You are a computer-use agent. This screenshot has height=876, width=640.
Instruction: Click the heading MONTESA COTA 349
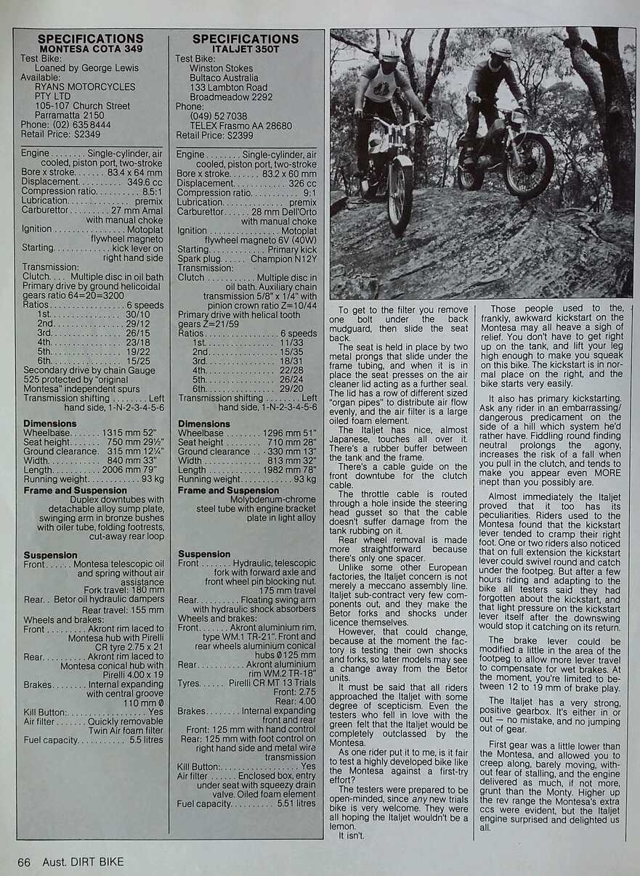tap(91, 49)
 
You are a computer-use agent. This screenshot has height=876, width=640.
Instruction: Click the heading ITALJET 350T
tap(245, 49)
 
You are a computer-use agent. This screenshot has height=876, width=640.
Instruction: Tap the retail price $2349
tap(86, 134)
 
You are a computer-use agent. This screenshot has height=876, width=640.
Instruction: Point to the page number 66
tap(24, 861)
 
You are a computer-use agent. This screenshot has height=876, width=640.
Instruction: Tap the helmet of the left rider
tap(390, 52)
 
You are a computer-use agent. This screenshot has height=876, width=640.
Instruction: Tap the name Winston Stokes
tap(222, 68)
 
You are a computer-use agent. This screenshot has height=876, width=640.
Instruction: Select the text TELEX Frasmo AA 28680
tap(241, 126)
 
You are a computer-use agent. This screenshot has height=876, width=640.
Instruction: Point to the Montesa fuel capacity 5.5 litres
tap(146, 740)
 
